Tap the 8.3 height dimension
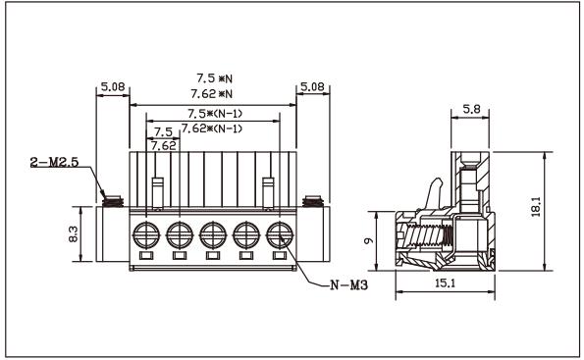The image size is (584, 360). coord(85,234)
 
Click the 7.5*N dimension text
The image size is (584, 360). coord(213,76)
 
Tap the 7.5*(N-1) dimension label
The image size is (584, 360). coord(214,113)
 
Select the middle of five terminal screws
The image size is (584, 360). coord(213,234)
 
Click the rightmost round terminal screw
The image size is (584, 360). coord(279,234)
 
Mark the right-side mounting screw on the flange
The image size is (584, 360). coord(314,203)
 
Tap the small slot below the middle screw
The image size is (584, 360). coord(213,257)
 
